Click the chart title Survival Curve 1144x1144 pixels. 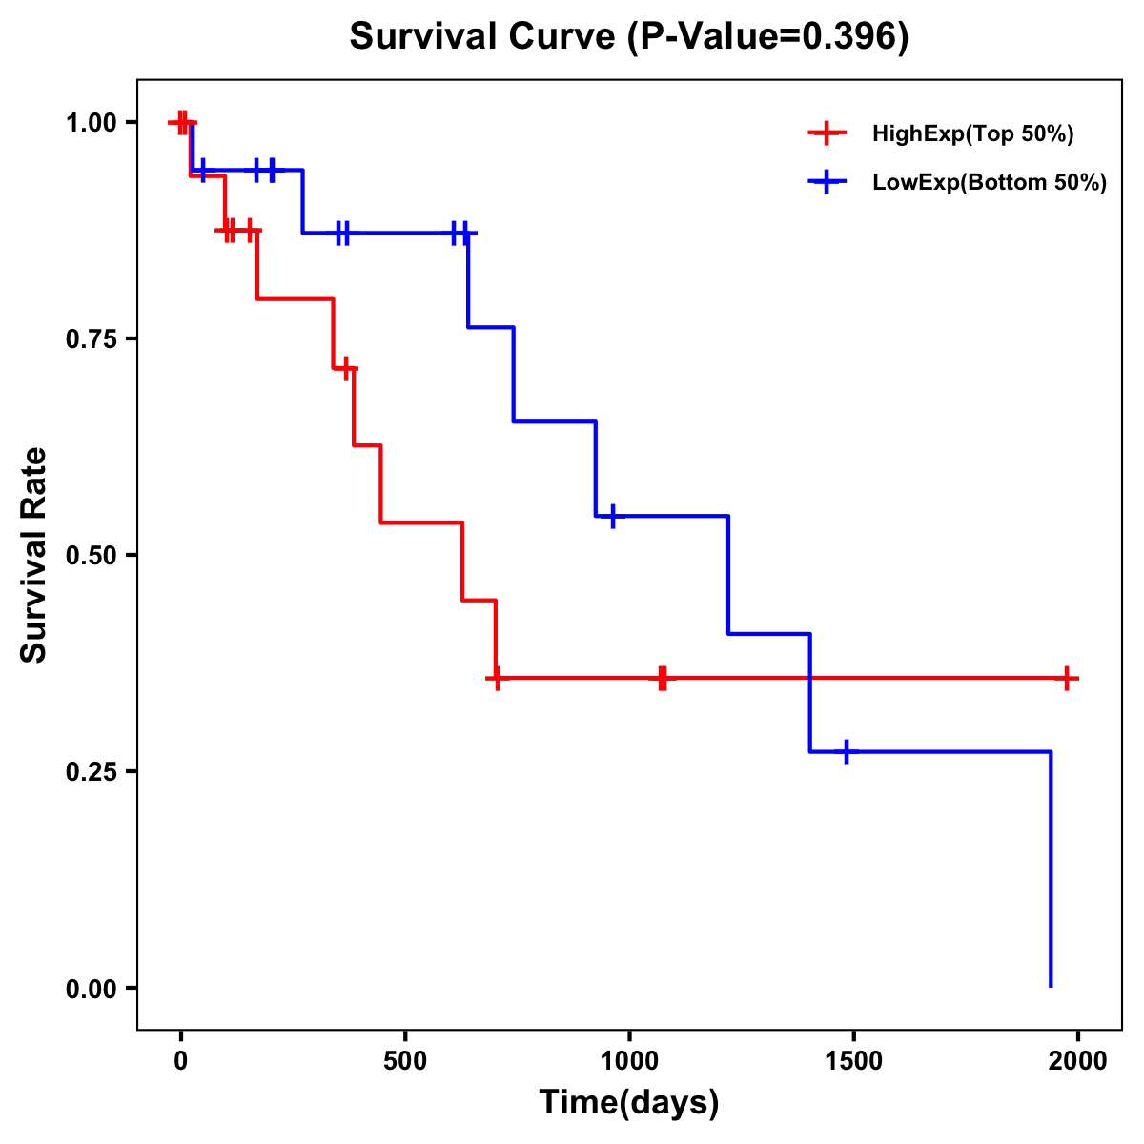point(481,36)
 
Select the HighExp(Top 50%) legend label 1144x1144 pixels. point(972,133)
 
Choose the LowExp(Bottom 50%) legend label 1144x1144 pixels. point(990,182)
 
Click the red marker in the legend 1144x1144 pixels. point(827,133)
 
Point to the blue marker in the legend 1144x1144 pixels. point(827,182)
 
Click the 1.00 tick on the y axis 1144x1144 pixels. point(91,122)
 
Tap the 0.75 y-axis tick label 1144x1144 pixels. point(91,338)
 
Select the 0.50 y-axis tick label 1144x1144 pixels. point(91,555)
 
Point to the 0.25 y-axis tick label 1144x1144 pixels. point(91,771)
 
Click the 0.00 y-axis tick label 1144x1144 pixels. point(91,988)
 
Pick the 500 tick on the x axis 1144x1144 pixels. point(405,1061)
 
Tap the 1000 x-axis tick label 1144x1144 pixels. point(629,1061)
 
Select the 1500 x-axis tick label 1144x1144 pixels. point(853,1061)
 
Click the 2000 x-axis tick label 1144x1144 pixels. point(1077,1061)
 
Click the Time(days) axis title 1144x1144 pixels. point(629,1103)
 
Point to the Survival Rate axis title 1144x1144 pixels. point(34,555)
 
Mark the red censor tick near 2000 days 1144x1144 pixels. point(1068,678)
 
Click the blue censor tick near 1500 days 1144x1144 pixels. point(846,751)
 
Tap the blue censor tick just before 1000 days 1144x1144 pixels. point(612,516)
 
